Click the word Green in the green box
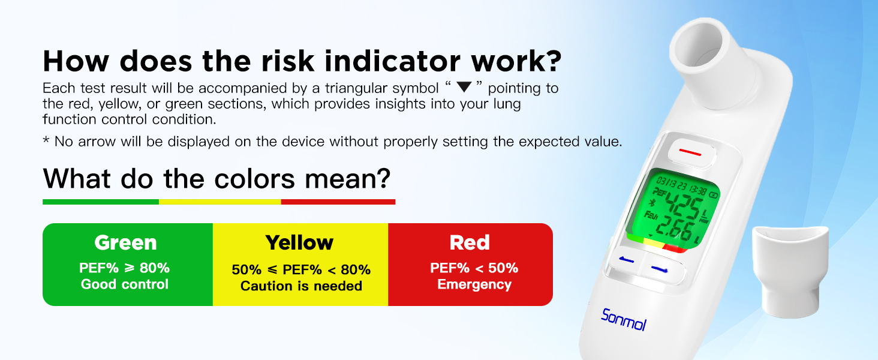(125, 243)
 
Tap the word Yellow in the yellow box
(299, 243)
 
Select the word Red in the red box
(470, 243)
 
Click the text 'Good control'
(125, 284)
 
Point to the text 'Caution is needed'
(301, 286)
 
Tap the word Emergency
(474, 284)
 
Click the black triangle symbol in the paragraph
(464, 87)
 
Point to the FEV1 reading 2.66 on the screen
(676, 229)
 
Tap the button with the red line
(691, 152)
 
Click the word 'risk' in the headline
(288, 61)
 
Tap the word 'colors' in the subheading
(254, 179)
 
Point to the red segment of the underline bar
(338, 202)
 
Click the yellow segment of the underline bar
(220, 202)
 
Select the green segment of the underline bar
(101, 202)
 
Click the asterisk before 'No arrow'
(46, 140)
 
